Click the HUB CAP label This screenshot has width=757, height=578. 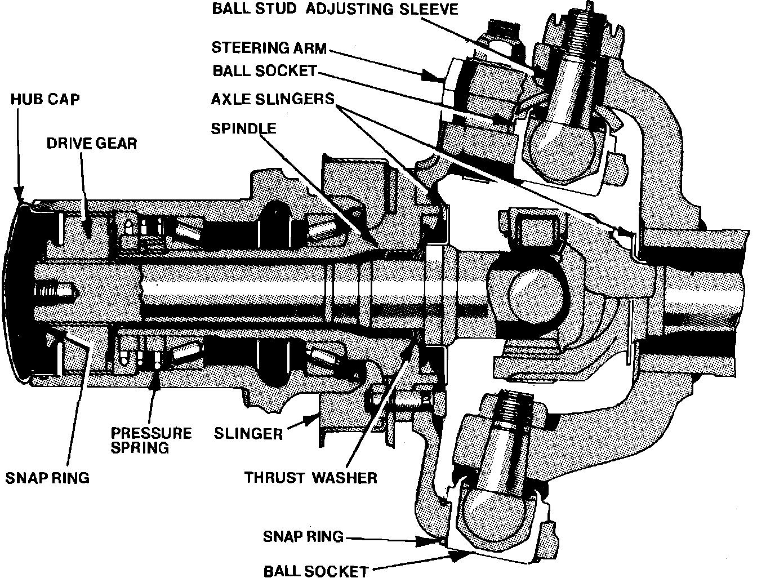click(46, 100)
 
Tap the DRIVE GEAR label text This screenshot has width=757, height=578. click(92, 143)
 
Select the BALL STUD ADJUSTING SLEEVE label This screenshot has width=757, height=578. click(335, 10)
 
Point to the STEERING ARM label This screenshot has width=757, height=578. click(269, 48)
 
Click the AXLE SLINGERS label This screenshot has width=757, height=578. click(273, 99)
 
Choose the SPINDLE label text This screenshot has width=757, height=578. click(243, 128)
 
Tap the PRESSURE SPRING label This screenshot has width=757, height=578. click(151, 440)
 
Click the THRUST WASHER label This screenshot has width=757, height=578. click(310, 478)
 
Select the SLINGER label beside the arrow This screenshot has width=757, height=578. click(248, 433)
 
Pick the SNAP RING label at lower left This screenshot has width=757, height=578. click(47, 478)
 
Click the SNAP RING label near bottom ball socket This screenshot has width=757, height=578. click(303, 536)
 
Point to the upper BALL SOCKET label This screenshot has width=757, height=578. click(264, 72)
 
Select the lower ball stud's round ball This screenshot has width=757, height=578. click(496, 510)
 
